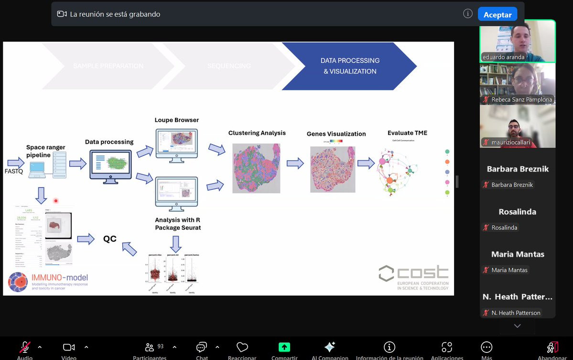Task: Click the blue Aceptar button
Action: (497, 14)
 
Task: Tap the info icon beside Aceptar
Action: (468, 14)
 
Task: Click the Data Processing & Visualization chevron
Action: (349, 66)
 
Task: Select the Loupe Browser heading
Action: (176, 120)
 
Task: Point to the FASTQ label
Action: (14, 171)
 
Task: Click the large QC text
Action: (110, 239)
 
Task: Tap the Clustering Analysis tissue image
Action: (256, 168)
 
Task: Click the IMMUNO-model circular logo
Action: (18, 282)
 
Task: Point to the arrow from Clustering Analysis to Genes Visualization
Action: (295, 164)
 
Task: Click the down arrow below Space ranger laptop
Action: (42, 195)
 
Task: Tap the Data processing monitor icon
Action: (110, 167)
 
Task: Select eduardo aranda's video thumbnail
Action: (517, 41)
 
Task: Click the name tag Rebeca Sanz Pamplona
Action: (521, 99)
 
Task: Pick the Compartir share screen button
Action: (284, 348)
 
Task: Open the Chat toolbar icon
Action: (202, 348)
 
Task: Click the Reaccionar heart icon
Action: (242, 348)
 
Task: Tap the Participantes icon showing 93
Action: (150, 348)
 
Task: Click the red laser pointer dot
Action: (56, 201)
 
